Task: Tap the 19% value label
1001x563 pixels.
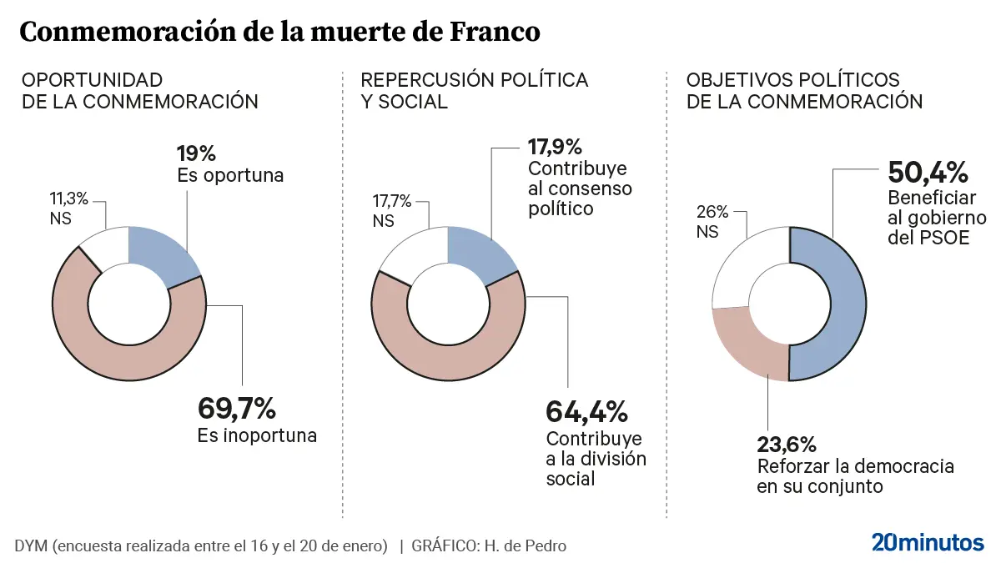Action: pyautogui.click(x=197, y=153)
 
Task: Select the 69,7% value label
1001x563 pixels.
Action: pyautogui.click(x=236, y=409)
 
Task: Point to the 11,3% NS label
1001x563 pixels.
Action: pyautogui.click(x=69, y=200)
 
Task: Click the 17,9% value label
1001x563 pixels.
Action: pyautogui.click(x=555, y=148)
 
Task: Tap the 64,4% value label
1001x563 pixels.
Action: pyautogui.click(x=586, y=411)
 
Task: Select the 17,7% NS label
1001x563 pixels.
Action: pyautogui.click(x=392, y=200)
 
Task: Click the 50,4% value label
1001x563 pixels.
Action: pyautogui.click(x=928, y=173)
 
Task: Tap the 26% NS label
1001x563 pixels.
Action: pyautogui.click(x=712, y=213)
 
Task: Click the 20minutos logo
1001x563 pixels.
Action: pyautogui.click(x=928, y=542)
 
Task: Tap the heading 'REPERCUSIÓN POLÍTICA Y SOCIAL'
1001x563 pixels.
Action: pyautogui.click(x=474, y=90)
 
